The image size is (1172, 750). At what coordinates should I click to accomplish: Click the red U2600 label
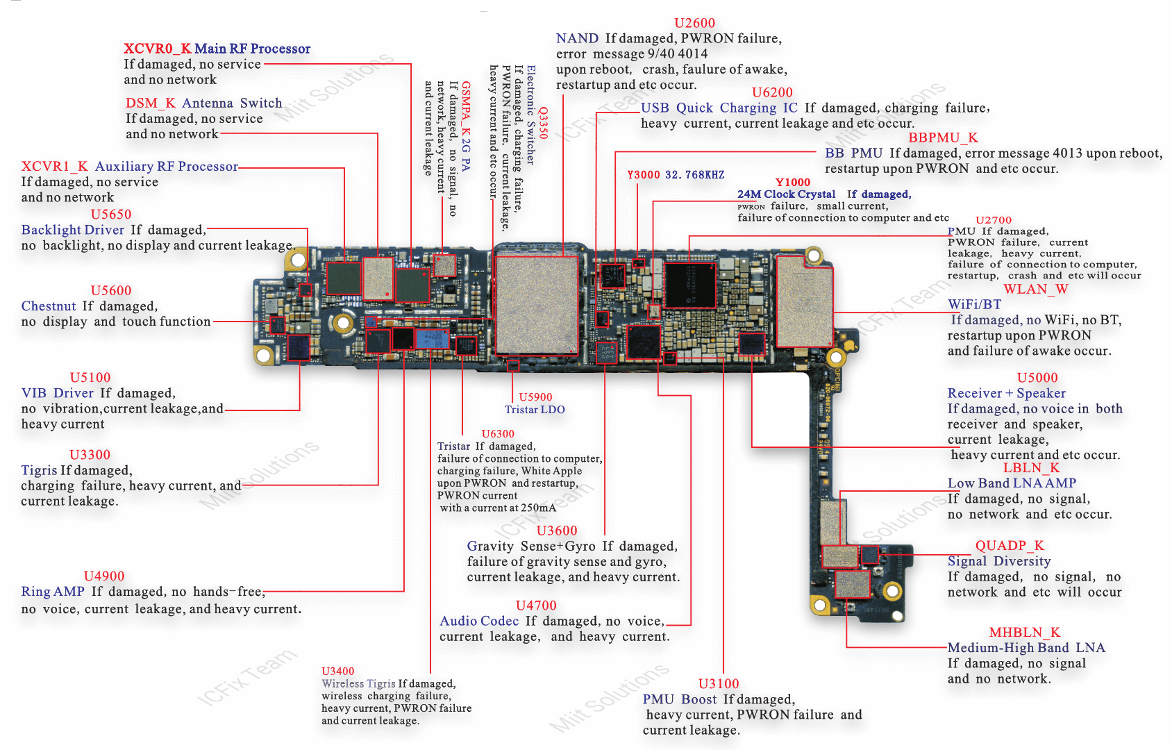tap(694, 23)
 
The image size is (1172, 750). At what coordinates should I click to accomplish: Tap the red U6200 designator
tap(772, 92)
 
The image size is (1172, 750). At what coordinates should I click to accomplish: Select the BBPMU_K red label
tap(943, 137)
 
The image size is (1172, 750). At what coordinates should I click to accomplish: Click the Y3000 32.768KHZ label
tap(676, 175)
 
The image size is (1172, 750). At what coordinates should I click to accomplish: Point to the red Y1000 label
tap(792, 183)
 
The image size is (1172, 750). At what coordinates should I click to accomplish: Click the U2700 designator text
tap(994, 220)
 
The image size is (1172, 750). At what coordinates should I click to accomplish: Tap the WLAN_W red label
tap(1035, 290)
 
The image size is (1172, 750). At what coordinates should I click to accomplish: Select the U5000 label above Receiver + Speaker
tap(1037, 378)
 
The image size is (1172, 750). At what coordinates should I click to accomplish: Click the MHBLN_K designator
tap(1024, 633)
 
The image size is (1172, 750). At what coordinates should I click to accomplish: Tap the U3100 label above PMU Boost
tap(719, 684)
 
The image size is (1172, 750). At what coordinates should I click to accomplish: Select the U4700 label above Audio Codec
tap(536, 606)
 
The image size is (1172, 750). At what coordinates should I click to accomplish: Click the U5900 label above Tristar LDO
tap(535, 397)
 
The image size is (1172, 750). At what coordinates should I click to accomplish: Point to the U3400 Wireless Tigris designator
tap(337, 672)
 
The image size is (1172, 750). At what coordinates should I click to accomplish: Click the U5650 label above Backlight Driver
tap(111, 215)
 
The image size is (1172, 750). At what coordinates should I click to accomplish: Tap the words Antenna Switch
tap(232, 103)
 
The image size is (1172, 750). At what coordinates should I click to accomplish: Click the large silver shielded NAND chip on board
tap(536, 304)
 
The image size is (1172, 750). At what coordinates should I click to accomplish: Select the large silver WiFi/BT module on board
tap(804, 302)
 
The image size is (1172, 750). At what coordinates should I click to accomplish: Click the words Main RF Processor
tap(252, 49)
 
